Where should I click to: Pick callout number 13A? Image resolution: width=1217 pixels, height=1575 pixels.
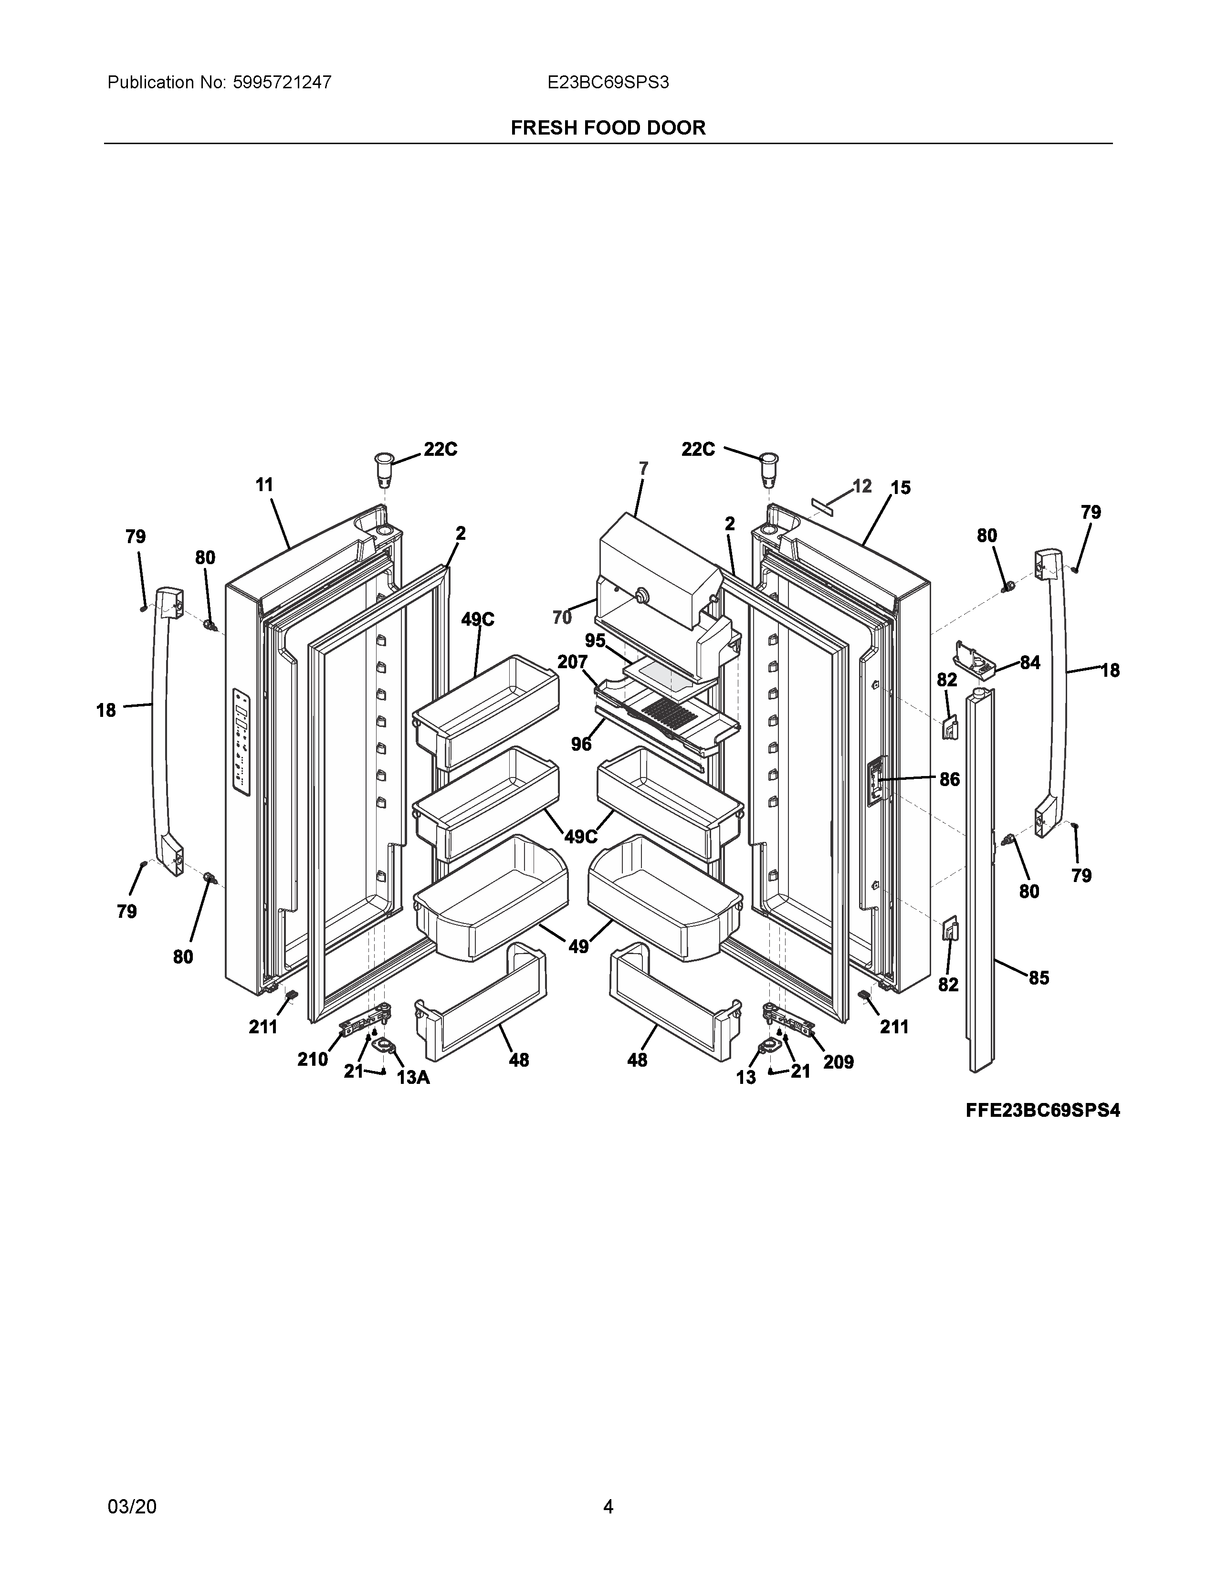[413, 1077]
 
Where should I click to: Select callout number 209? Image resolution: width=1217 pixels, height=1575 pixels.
[839, 1061]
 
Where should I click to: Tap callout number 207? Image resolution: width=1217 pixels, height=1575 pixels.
[572, 661]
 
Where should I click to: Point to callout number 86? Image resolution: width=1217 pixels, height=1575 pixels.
[950, 779]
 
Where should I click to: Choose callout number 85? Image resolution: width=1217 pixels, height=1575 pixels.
[1038, 978]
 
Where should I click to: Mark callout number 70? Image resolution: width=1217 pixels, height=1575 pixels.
[562, 617]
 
